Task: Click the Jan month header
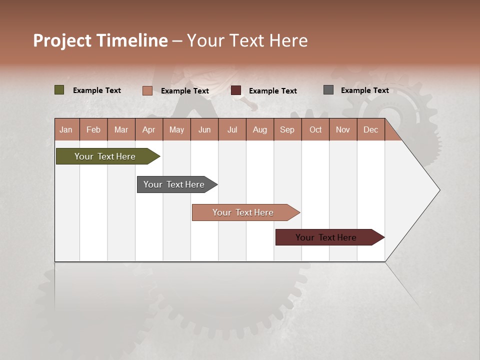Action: coord(66,129)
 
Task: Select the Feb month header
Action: coord(93,129)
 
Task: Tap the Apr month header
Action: coord(148,129)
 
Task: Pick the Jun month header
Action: coord(204,129)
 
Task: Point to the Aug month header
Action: coord(259,129)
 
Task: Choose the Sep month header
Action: coord(287,129)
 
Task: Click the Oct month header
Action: coord(315,129)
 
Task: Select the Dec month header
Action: coord(370,129)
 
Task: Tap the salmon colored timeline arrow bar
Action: coord(243,212)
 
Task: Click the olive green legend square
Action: coord(59,90)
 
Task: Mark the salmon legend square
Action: coord(147,90)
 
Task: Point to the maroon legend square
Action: coord(236,90)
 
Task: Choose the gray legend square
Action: coord(328,90)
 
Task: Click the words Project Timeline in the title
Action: coord(100,40)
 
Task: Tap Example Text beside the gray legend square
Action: coord(364,90)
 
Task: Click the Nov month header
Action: coord(342,129)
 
